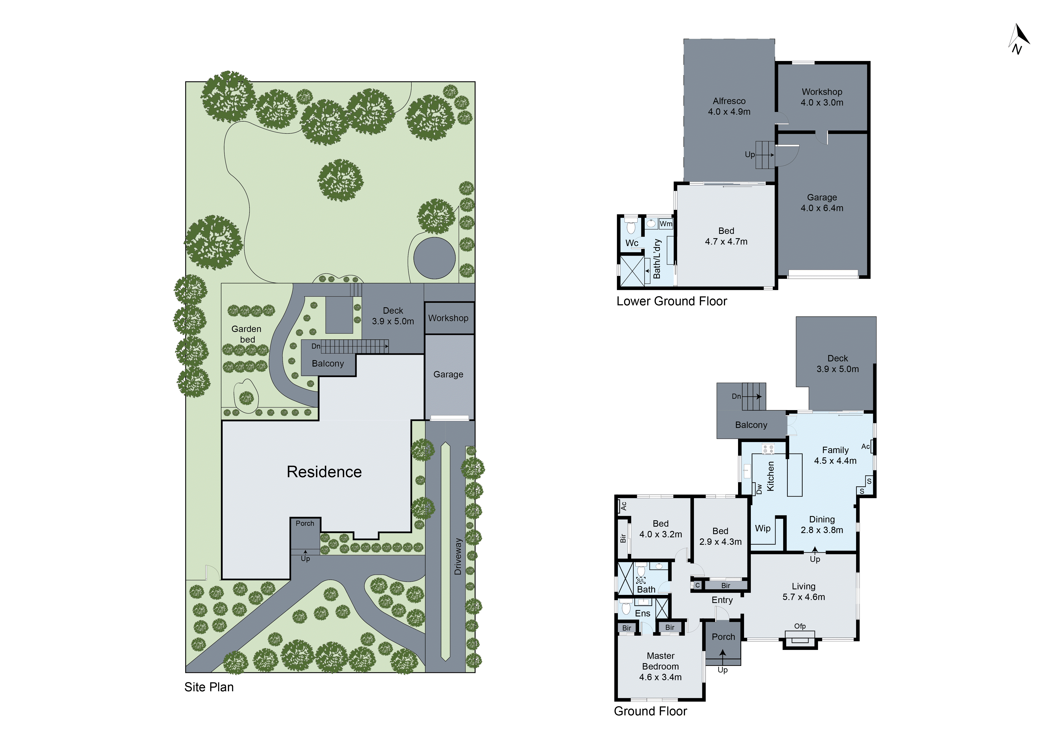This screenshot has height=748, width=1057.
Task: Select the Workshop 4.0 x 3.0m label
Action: [x=822, y=97]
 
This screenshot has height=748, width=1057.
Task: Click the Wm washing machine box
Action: [x=666, y=224]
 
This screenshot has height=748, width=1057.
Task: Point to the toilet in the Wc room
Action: [x=631, y=227]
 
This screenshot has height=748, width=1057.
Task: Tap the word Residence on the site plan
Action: [x=324, y=472]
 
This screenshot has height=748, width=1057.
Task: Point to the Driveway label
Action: [x=458, y=556]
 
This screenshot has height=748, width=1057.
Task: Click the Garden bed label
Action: [x=247, y=334]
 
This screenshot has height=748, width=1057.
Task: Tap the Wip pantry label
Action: [x=762, y=528]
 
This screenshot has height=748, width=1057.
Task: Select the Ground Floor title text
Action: [x=650, y=711]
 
